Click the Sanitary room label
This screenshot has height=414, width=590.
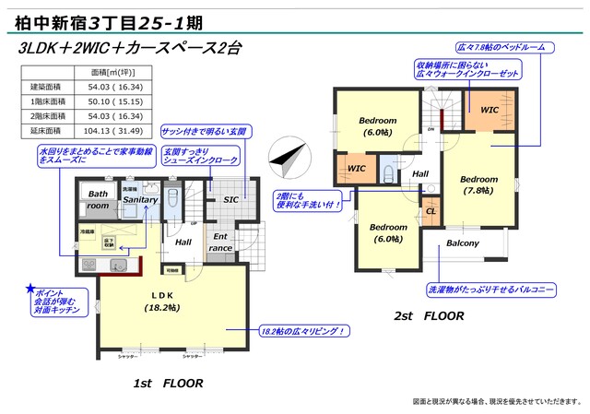coord(140,200)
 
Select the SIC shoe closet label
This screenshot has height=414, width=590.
coord(231,199)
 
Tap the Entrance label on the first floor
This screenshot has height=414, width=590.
coord(221,242)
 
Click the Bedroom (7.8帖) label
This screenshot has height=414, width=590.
coord(479,184)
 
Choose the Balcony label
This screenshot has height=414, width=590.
coord(463,243)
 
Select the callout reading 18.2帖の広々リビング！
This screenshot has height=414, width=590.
coord(302,330)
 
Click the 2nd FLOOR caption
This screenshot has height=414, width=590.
coord(430,316)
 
